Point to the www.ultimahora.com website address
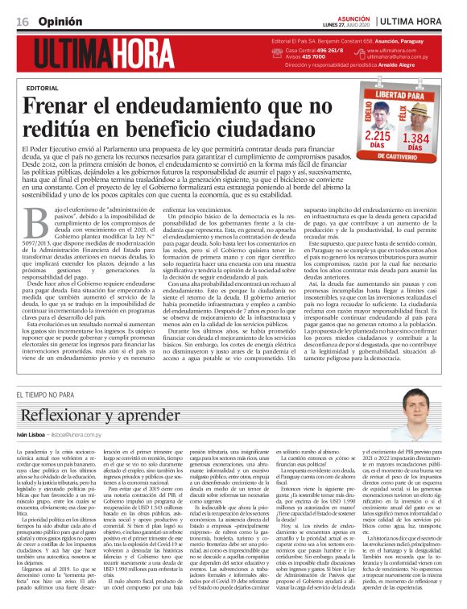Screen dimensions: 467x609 tap(392, 50)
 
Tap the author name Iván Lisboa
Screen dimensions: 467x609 tap(31, 434)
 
